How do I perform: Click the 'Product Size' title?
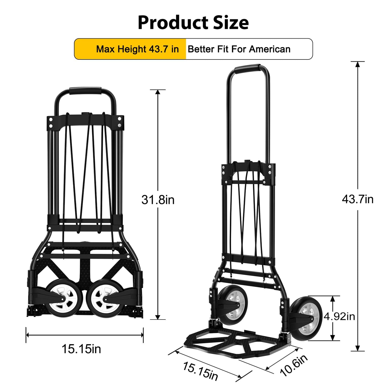(x=193, y=22)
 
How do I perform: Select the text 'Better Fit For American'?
(x=239, y=49)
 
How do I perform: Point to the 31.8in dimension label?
(x=158, y=200)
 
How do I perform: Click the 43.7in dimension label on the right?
(x=357, y=199)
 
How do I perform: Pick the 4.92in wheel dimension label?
(x=339, y=317)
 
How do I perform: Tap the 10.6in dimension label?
(x=294, y=366)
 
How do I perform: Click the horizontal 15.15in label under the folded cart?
(x=81, y=349)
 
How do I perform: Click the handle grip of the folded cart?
(x=85, y=90)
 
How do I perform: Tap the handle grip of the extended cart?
(x=248, y=68)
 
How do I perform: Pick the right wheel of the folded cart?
(x=106, y=298)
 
